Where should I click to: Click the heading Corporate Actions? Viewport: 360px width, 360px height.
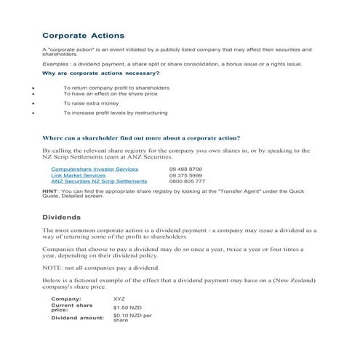tap(83, 35)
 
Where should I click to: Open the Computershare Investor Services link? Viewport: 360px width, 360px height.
tap(95, 169)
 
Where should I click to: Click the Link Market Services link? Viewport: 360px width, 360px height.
tap(78, 175)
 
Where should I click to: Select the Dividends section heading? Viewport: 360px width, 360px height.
tap(61, 217)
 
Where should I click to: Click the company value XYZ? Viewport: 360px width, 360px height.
tap(119, 299)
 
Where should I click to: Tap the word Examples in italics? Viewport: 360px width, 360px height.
tap(56, 64)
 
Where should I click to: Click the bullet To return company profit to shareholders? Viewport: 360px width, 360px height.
tap(116, 87)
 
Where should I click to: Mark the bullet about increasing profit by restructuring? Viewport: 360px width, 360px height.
tap(115, 113)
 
